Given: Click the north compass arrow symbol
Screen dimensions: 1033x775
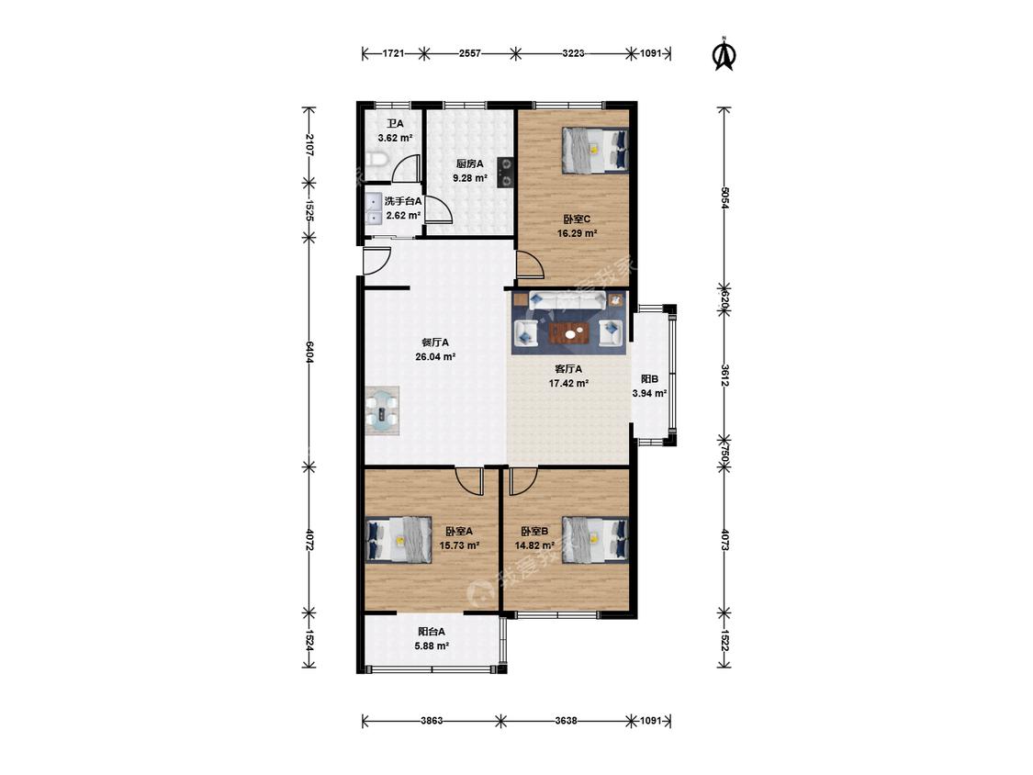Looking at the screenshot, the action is tap(724, 54).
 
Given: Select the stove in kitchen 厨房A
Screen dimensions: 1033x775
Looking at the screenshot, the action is tap(505, 172).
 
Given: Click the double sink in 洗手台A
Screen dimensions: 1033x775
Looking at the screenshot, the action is tap(374, 208).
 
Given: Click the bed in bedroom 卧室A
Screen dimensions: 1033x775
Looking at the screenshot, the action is tap(399, 539).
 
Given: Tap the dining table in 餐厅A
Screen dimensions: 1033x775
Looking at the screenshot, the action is tap(383, 410).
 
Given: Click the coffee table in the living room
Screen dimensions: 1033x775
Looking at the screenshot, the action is tap(570, 332).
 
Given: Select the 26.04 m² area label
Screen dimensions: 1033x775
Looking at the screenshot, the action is tap(435, 357).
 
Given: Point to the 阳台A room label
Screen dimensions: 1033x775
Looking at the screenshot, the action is tap(432, 632).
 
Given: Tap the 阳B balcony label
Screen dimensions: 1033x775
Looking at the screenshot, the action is tap(649, 379).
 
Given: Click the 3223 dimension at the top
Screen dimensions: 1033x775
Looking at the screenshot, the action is tap(573, 53).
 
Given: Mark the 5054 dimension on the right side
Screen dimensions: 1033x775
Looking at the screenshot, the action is tap(724, 198).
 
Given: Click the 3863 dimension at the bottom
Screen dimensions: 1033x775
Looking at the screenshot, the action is tap(432, 721).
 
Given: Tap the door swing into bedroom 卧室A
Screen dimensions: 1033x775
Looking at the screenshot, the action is tap(470, 480).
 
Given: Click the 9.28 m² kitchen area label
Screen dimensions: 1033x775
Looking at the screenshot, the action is tap(470, 178).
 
